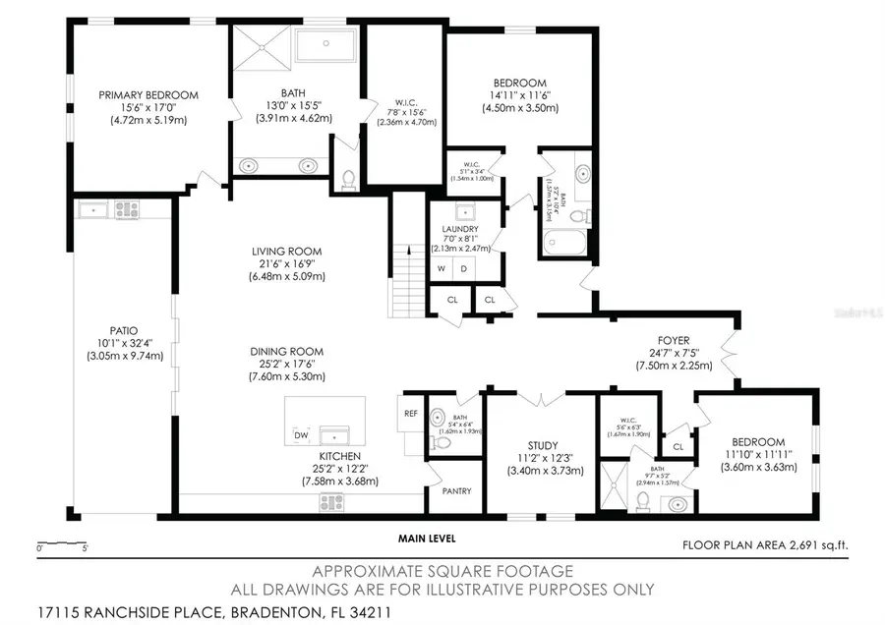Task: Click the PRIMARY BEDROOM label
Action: (147, 95)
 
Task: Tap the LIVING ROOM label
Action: (286, 252)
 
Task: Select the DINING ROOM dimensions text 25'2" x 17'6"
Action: (286, 364)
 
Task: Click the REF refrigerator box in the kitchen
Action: (411, 414)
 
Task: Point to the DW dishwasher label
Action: (300, 434)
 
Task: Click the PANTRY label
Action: (457, 491)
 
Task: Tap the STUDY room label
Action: (543, 442)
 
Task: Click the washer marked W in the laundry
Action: (442, 268)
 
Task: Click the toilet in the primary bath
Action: (346, 179)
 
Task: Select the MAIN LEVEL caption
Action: (427, 539)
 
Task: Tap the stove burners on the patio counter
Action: (128, 208)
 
